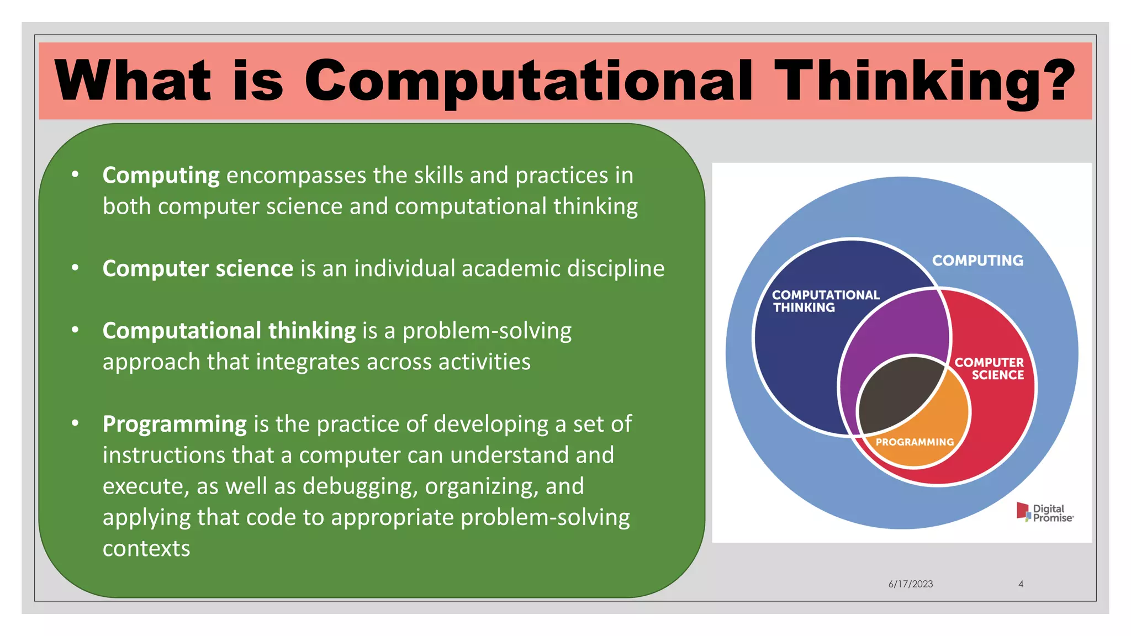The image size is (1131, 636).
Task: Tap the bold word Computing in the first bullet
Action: pyautogui.click(x=161, y=176)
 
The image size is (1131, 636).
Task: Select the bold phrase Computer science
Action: pyautogui.click(x=198, y=268)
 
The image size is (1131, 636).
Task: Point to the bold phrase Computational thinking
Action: pyautogui.click(x=229, y=331)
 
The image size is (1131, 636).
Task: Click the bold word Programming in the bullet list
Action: pyautogui.click(x=175, y=424)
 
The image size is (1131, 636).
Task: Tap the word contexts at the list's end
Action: pyautogui.click(x=146, y=548)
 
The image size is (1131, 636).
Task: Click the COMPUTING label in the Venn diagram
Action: pyautogui.click(x=977, y=260)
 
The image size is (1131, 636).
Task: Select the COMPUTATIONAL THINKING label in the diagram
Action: pyautogui.click(x=825, y=301)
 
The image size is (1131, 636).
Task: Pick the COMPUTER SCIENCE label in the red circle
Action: pyautogui.click(x=990, y=368)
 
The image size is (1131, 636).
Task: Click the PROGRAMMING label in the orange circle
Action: pyautogui.click(x=915, y=442)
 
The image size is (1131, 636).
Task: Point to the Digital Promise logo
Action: pyautogui.click(x=1045, y=513)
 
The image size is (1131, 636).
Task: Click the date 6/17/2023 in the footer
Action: pyautogui.click(x=910, y=584)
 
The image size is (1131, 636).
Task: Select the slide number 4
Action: pyautogui.click(x=1021, y=584)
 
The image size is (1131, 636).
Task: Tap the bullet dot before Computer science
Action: pyautogui.click(x=75, y=268)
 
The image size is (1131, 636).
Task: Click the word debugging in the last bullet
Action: pyautogui.click(x=358, y=486)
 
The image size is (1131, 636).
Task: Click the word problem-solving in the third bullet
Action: pyautogui.click(x=487, y=331)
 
